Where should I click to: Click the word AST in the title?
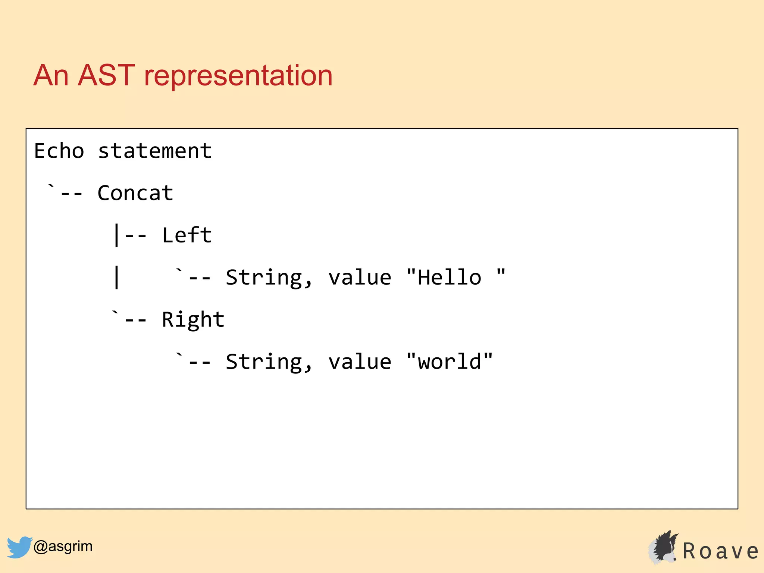(x=106, y=75)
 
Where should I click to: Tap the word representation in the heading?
(x=238, y=76)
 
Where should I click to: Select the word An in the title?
(x=51, y=75)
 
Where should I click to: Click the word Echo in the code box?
(x=59, y=151)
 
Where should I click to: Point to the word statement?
(x=154, y=151)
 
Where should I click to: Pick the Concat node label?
(x=135, y=193)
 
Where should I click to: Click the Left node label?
(x=187, y=235)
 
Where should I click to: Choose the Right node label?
(x=193, y=320)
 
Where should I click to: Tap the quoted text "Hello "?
(x=456, y=277)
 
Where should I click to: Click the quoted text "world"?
(x=450, y=361)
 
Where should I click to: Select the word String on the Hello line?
(x=264, y=278)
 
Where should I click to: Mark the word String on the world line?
(x=264, y=362)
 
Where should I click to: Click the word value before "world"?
(x=360, y=362)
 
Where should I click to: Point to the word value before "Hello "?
(x=360, y=278)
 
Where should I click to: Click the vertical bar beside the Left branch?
(x=117, y=235)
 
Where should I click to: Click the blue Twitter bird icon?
(x=19, y=547)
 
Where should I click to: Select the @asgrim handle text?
(x=63, y=546)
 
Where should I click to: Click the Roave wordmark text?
(x=720, y=551)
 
